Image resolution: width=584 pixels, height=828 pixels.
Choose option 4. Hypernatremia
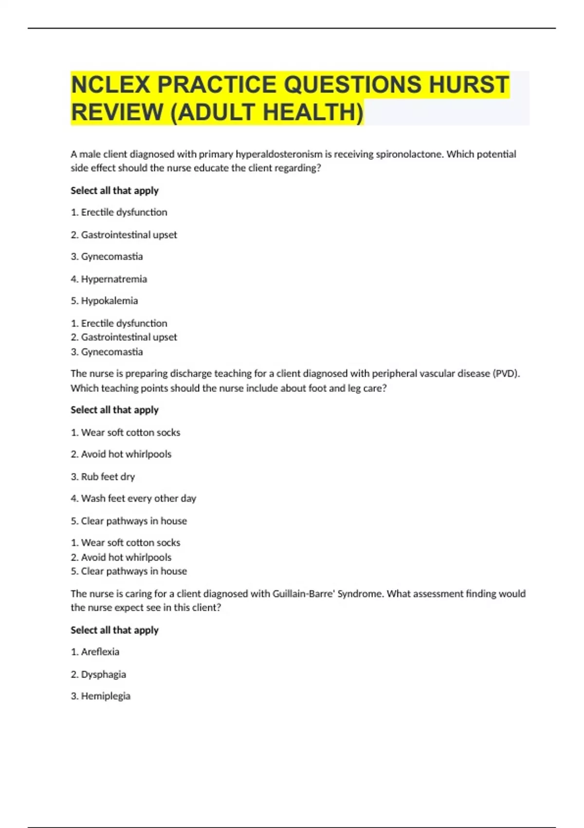tap(109, 279)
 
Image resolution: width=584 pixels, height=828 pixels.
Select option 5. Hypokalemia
tap(104, 301)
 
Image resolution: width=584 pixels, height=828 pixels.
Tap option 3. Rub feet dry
tap(103, 476)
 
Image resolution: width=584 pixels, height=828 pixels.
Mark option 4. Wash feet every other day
tap(133, 498)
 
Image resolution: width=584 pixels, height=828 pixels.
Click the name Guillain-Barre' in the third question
tap(304, 594)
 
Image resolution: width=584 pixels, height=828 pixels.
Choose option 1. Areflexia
tap(95, 652)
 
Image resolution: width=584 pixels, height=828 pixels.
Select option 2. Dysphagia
tap(98, 674)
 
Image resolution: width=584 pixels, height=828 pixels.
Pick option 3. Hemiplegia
tap(101, 696)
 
